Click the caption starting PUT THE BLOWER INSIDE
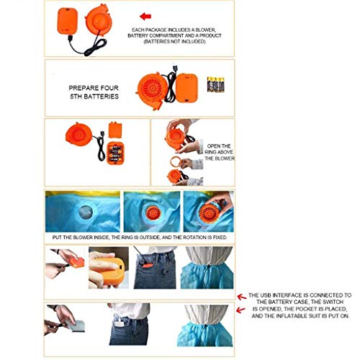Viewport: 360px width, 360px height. point(138,237)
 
